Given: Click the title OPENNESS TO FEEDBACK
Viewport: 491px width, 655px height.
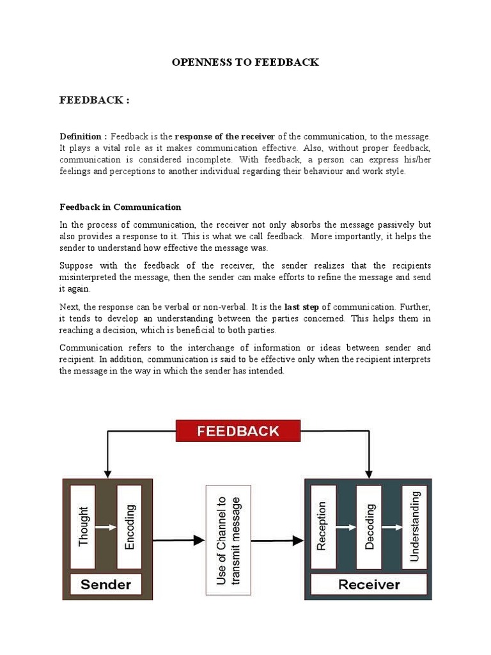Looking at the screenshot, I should [x=245, y=63].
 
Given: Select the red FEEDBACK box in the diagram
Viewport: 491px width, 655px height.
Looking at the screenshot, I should [x=238, y=430].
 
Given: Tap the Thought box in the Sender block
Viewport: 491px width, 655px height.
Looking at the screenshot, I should [x=82, y=526].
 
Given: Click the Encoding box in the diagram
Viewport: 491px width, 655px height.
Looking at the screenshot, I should [x=130, y=526].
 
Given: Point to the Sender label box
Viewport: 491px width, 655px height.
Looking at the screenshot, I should [x=106, y=584].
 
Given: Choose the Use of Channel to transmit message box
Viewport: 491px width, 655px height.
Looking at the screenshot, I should [x=228, y=541].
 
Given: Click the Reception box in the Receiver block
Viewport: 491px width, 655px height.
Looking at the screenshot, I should [x=322, y=526].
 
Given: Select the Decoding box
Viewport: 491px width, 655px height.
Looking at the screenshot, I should [x=369, y=526].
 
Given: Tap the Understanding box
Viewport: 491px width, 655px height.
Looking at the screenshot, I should [x=414, y=526].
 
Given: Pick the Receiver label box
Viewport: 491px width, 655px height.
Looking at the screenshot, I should [x=369, y=584].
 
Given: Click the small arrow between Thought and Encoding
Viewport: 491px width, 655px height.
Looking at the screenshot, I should [x=106, y=527].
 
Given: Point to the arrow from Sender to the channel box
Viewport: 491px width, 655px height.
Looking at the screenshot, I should [x=178, y=541].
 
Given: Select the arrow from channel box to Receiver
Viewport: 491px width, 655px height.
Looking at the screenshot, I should [x=277, y=541].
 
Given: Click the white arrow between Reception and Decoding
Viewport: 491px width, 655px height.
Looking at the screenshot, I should [x=345, y=527].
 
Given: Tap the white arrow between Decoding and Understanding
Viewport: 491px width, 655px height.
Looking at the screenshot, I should [x=391, y=527].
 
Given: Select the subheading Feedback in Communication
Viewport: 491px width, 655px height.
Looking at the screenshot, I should [x=120, y=207].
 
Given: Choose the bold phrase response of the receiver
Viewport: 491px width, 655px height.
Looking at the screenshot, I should [x=224, y=137].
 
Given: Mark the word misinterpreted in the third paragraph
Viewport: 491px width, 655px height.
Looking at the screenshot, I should [x=91, y=277].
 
